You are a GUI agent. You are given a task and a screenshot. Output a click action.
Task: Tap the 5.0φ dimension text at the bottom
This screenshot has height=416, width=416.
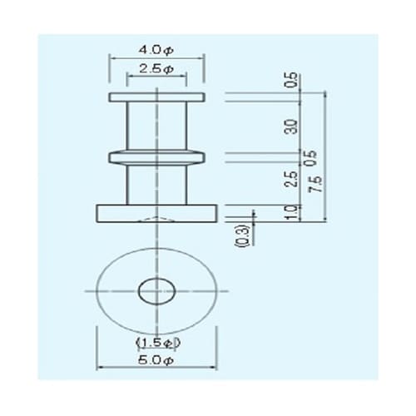click(156, 361)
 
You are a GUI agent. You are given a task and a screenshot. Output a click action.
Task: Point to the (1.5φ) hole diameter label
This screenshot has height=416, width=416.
click(156, 342)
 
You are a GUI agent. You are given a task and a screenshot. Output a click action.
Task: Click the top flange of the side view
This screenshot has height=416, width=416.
click(156, 97)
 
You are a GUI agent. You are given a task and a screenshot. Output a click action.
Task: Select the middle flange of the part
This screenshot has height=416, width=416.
click(156, 156)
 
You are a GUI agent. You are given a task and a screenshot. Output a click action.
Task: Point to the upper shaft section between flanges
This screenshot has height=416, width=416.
click(156, 126)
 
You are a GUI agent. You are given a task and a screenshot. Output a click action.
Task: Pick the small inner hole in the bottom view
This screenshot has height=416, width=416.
click(156, 291)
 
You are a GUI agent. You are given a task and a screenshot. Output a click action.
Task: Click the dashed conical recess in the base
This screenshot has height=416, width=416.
click(156, 219)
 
